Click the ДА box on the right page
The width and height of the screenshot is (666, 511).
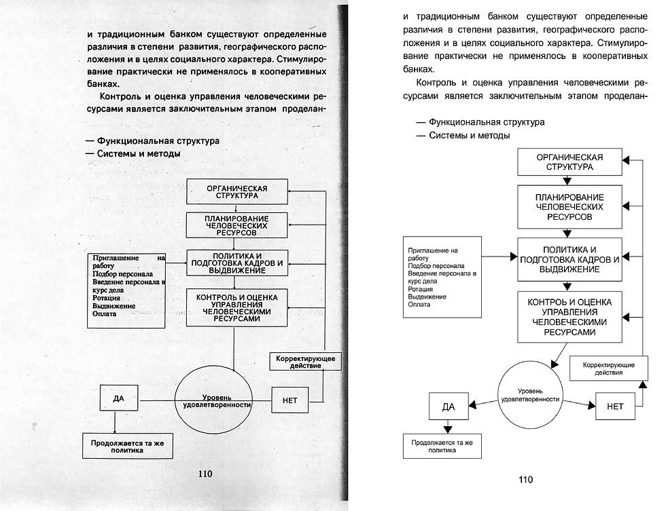[x=448, y=406]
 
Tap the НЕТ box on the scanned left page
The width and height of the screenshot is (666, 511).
[x=290, y=400]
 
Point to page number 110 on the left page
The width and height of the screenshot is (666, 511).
[x=205, y=474]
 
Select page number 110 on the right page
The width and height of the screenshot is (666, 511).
[x=525, y=480]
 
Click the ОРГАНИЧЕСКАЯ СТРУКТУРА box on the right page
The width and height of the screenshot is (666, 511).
[x=569, y=162]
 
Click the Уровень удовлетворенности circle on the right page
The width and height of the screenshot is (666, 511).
[x=529, y=395]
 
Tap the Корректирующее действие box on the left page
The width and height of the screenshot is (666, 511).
[x=304, y=361]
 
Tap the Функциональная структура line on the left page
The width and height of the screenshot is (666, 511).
[x=158, y=141]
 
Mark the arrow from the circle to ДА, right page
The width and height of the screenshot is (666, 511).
[x=484, y=403]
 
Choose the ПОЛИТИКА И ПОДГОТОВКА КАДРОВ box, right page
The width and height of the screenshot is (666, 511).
[x=569, y=259]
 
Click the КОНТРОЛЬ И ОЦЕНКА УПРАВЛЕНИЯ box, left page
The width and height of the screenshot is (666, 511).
[x=236, y=307]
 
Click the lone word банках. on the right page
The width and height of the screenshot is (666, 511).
[x=417, y=69]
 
